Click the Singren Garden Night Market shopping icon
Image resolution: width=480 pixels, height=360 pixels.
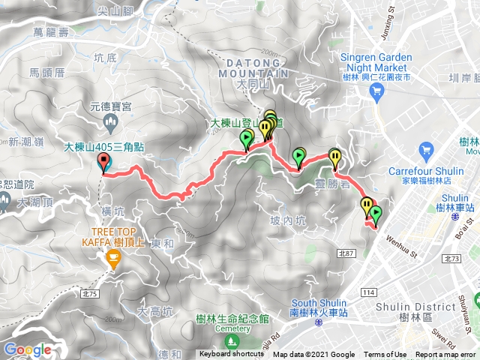[x=377, y=91]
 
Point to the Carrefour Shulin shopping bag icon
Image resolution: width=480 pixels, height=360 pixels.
[x=427, y=150]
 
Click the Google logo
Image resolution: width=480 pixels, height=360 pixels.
[x=27, y=349]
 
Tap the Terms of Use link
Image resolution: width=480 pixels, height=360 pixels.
[x=385, y=355]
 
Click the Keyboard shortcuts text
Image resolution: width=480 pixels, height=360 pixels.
[x=231, y=355]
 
